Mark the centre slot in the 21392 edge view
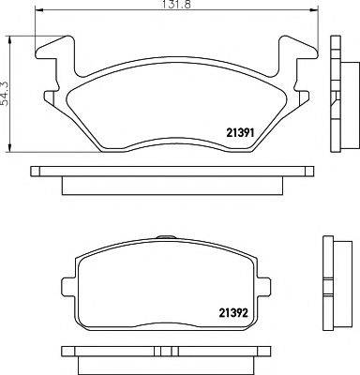(166, 354)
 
